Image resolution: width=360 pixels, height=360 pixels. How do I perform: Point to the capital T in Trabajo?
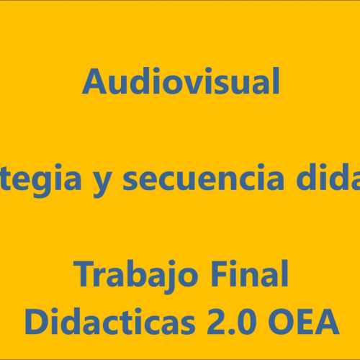click(x=85, y=274)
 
